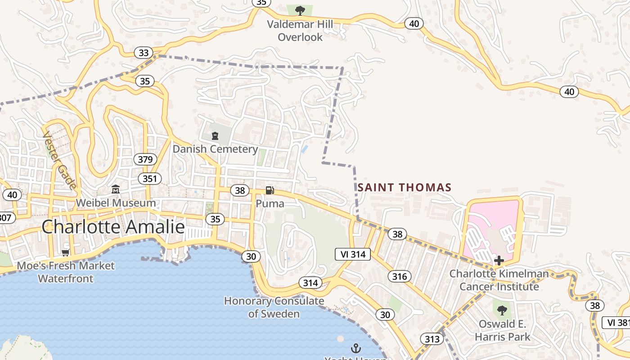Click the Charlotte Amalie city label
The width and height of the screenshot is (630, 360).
coord(113,227)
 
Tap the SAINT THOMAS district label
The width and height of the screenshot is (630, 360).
coord(404,187)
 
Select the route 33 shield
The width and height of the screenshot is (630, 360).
coord(144,53)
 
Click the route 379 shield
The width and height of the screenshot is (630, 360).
coord(145,159)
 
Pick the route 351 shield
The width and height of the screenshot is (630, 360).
coord(149,179)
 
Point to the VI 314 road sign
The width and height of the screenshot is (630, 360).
coord(353,254)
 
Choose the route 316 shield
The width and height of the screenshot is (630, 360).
coord(399,276)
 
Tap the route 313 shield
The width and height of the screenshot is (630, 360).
coord(432,339)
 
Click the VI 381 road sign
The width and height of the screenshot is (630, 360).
coord(617,322)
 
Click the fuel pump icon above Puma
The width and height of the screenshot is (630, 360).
coord(270,190)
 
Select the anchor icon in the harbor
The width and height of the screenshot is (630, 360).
coord(355,348)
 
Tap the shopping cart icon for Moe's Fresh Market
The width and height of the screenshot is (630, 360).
coord(66,253)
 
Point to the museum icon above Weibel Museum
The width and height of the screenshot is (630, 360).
coord(116,189)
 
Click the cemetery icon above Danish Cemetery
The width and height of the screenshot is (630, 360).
coord(215,135)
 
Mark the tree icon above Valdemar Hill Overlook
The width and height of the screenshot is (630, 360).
coord(300,10)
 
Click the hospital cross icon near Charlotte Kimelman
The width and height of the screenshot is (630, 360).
coord(499,260)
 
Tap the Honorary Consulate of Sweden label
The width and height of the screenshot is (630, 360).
coord(274,307)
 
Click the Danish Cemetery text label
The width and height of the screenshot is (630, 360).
coord(216,149)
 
